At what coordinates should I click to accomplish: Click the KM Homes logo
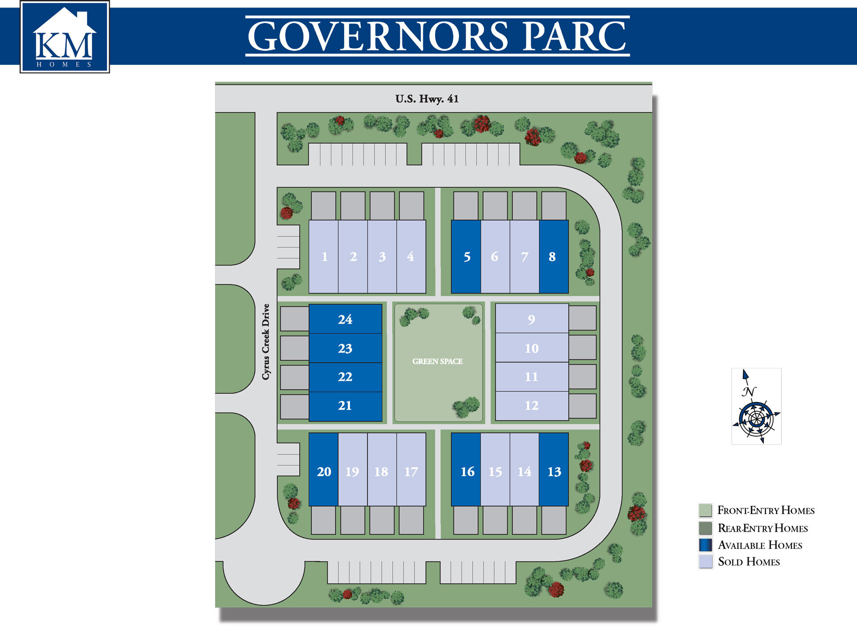click(65, 37)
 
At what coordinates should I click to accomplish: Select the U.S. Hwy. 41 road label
click(427, 99)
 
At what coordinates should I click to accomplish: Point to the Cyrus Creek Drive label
click(266, 342)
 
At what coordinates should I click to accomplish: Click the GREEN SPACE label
click(437, 361)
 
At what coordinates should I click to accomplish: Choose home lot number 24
click(345, 319)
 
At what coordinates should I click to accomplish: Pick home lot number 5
click(466, 257)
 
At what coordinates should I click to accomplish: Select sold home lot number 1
click(324, 257)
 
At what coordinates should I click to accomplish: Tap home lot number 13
click(554, 471)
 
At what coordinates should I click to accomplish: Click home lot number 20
click(324, 471)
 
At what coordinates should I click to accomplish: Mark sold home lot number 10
click(532, 348)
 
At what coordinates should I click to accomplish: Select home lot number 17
click(411, 471)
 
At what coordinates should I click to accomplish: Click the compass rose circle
click(756, 419)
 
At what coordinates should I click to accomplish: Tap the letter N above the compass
click(749, 392)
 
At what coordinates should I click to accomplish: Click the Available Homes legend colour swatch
click(706, 545)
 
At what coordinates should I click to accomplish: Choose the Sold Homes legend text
click(749, 562)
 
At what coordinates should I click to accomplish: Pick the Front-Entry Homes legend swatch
click(706, 510)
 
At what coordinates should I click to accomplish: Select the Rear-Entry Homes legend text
click(762, 528)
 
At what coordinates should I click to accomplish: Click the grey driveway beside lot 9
click(582, 318)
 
